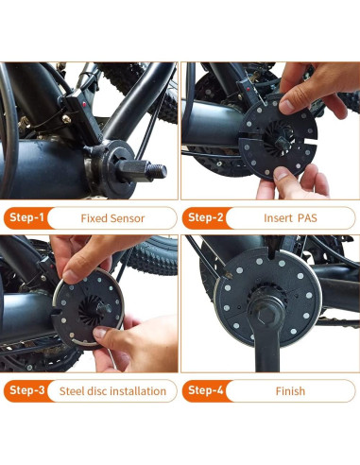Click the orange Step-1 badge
[x=26, y=217]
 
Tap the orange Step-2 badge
[x=205, y=217]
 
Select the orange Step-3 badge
[x=27, y=390]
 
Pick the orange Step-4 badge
[x=206, y=390]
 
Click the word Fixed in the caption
[x=93, y=218]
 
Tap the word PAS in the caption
[x=307, y=218]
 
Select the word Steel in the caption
[x=72, y=391]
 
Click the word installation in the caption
[x=138, y=391]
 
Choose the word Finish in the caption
[x=290, y=391]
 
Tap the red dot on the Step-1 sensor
[x=84, y=104]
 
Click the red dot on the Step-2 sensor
[x=249, y=90]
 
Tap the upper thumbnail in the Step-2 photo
[x=286, y=107]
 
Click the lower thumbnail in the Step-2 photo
[x=282, y=174]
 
